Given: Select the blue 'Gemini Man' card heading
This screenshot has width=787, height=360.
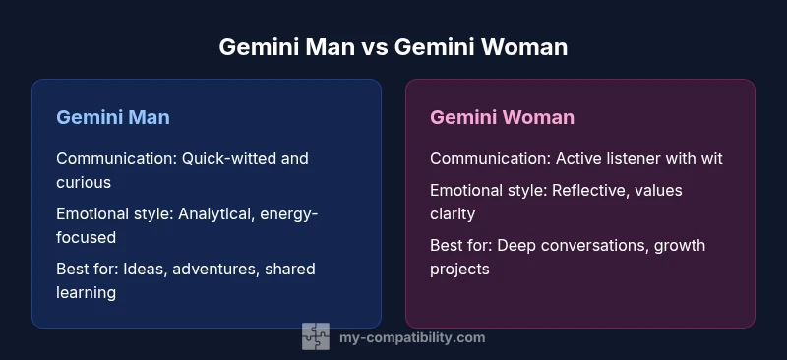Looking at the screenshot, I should click(113, 117).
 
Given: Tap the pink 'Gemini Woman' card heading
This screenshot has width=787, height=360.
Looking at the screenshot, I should click(502, 117).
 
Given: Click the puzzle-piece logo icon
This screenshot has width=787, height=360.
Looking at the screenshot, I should click(316, 337).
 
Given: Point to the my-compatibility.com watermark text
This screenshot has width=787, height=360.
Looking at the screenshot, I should click(411, 337).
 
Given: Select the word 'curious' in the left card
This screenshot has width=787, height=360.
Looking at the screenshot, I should click(84, 182).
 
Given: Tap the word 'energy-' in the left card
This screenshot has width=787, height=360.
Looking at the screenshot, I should click(289, 213).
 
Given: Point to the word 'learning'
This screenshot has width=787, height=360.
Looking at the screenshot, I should click(88, 292).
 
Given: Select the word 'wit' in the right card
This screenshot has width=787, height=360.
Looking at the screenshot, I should click(710, 158).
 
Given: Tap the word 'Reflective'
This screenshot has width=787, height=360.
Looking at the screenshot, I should click(595, 190).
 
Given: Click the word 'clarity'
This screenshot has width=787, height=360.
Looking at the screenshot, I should click(454, 213).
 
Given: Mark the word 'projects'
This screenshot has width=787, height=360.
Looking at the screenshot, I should click(459, 269).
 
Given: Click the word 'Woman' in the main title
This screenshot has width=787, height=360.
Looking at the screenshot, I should click(521, 46).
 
